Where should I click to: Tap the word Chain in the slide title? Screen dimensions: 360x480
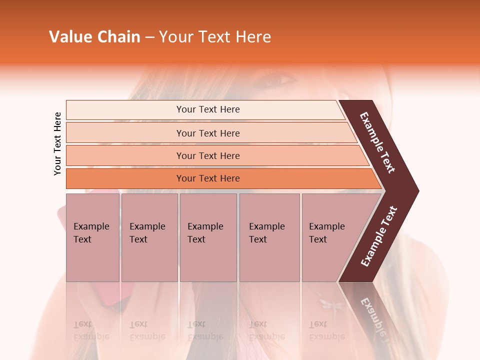[119, 37]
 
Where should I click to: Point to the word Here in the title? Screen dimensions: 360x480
[252, 37]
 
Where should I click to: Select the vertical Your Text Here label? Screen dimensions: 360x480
[57, 143]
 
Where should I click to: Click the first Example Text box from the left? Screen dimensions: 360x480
[92, 237]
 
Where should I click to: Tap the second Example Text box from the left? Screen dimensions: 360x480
[149, 237]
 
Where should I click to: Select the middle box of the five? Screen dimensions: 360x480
[208, 237]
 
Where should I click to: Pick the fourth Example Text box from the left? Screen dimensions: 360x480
[269, 237]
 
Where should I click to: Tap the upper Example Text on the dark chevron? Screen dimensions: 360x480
[377, 142]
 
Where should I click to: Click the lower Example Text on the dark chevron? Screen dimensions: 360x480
[379, 236]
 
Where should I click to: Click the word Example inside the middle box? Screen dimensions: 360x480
[205, 226]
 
